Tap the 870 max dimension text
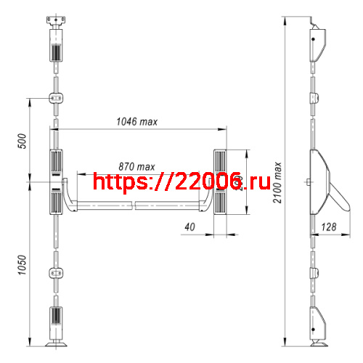136,166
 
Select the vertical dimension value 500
21,140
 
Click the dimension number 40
190,227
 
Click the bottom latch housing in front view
55,319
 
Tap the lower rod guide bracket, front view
55,273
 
